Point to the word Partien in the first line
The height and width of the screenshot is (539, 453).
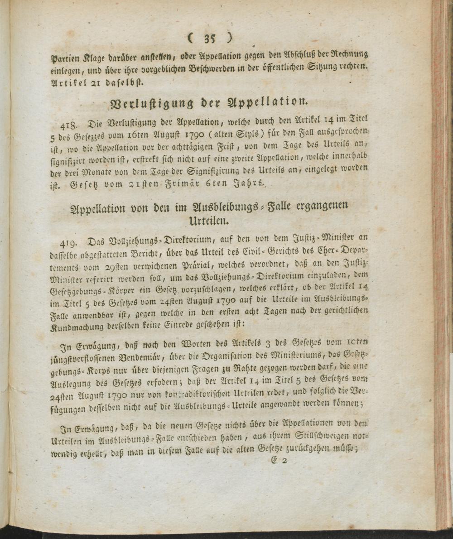[65, 58]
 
